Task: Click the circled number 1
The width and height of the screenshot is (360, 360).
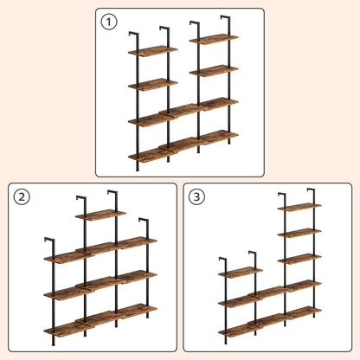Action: (108, 22)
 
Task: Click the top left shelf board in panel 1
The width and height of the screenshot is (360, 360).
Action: (153, 51)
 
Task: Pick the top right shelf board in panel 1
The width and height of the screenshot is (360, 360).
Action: (214, 39)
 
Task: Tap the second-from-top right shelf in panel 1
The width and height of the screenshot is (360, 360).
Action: (214, 71)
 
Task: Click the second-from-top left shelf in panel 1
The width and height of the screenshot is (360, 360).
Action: (153, 84)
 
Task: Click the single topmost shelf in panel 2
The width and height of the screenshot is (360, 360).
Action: (100, 215)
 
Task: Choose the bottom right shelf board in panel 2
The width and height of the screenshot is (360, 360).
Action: (134, 310)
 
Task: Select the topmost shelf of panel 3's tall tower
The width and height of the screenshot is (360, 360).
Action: (299, 207)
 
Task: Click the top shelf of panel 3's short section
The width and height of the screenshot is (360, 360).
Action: (240, 273)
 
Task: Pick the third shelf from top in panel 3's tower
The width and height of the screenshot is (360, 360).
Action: (299, 259)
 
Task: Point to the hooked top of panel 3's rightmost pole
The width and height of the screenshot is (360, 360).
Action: (310, 190)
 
